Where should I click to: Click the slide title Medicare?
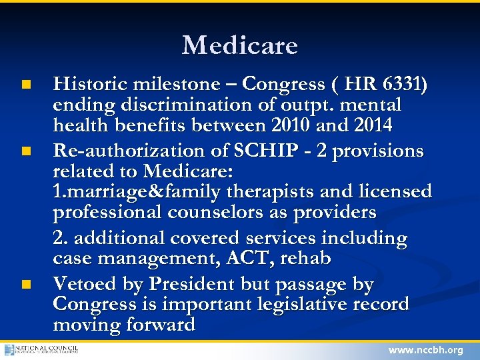pos(240,45)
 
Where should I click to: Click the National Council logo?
pos(41,349)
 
